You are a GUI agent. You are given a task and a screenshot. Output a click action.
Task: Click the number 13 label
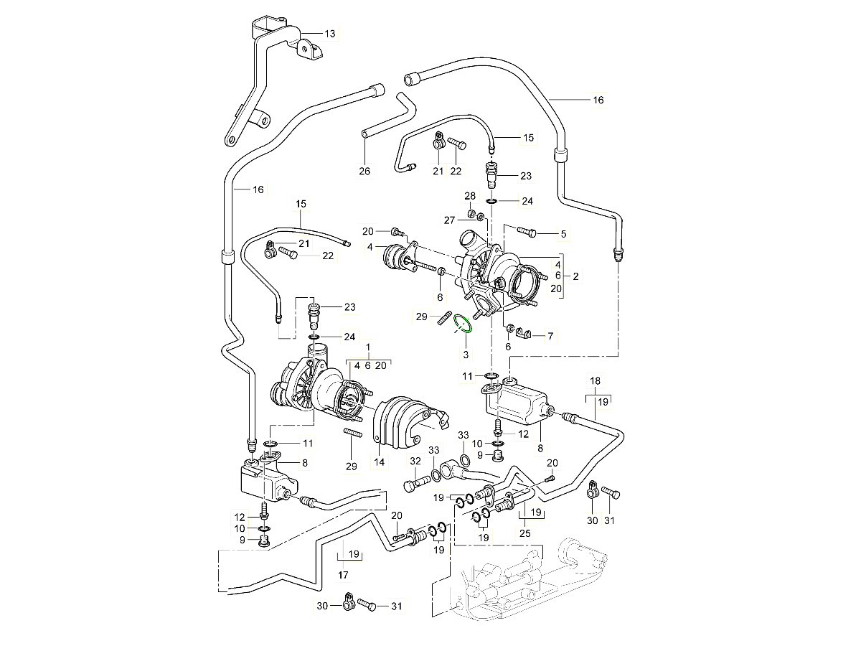tap(329, 34)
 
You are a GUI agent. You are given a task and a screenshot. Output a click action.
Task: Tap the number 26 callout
tap(364, 170)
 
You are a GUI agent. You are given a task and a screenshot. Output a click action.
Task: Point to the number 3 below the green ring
tap(465, 355)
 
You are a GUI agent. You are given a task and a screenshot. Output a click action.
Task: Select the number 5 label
tap(563, 233)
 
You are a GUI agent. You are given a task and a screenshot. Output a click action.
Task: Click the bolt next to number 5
tap(526, 233)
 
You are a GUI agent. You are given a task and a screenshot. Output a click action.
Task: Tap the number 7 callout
tap(550, 335)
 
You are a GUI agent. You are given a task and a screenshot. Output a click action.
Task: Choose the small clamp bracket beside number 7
tap(527, 334)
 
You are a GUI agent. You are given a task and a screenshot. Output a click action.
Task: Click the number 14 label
tap(379, 463)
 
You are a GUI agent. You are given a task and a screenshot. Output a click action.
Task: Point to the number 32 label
tap(415, 461)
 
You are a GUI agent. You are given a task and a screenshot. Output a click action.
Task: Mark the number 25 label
tap(524, 533)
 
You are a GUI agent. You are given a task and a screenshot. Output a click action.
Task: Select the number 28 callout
tap(470, 196)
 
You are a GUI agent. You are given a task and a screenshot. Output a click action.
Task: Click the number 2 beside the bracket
tap(575, 276)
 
